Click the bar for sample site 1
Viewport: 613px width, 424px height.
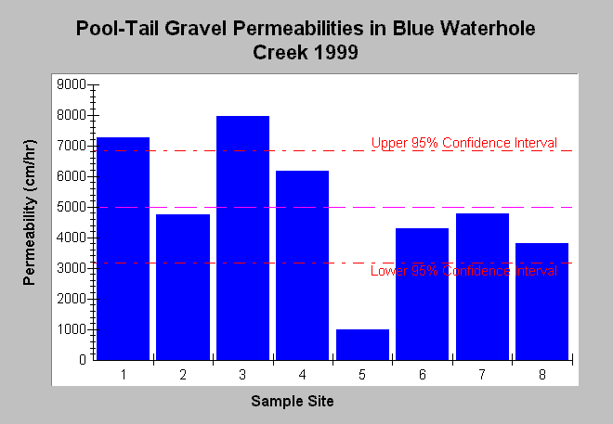coord(123,249)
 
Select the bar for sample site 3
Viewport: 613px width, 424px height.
coord(242,238)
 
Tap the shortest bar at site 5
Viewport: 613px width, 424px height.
coord(362,344)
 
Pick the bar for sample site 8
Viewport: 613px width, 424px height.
coord(541,302)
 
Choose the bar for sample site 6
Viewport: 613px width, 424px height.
coord(423,294)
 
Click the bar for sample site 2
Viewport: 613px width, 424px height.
coord(183,287)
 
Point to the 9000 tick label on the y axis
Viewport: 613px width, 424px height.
coord(72,84)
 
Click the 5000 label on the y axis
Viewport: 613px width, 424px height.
coord(72,207)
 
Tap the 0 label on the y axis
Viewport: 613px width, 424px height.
coord(83,360)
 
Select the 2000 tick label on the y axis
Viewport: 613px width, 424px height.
coord(72,299)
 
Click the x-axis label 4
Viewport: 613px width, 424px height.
coord(302,375)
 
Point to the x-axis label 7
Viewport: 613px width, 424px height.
coord(482,375)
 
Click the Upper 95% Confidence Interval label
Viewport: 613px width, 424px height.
coord(464,143)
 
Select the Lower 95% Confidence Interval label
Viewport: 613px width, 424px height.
coord(463,271)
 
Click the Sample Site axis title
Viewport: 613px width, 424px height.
coord(293,401)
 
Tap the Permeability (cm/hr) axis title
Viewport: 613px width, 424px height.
coord(30,212)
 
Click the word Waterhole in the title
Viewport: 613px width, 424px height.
coord(488,29)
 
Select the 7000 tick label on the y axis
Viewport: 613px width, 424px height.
coord(72,146)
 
